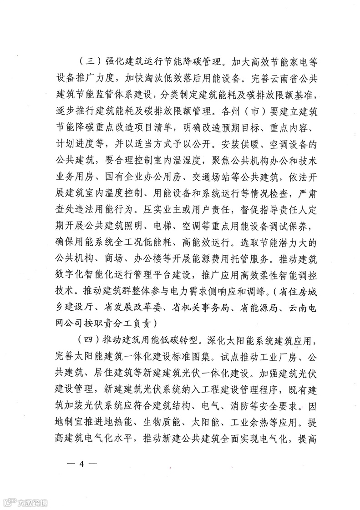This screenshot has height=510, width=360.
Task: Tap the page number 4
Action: click(82, 464)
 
